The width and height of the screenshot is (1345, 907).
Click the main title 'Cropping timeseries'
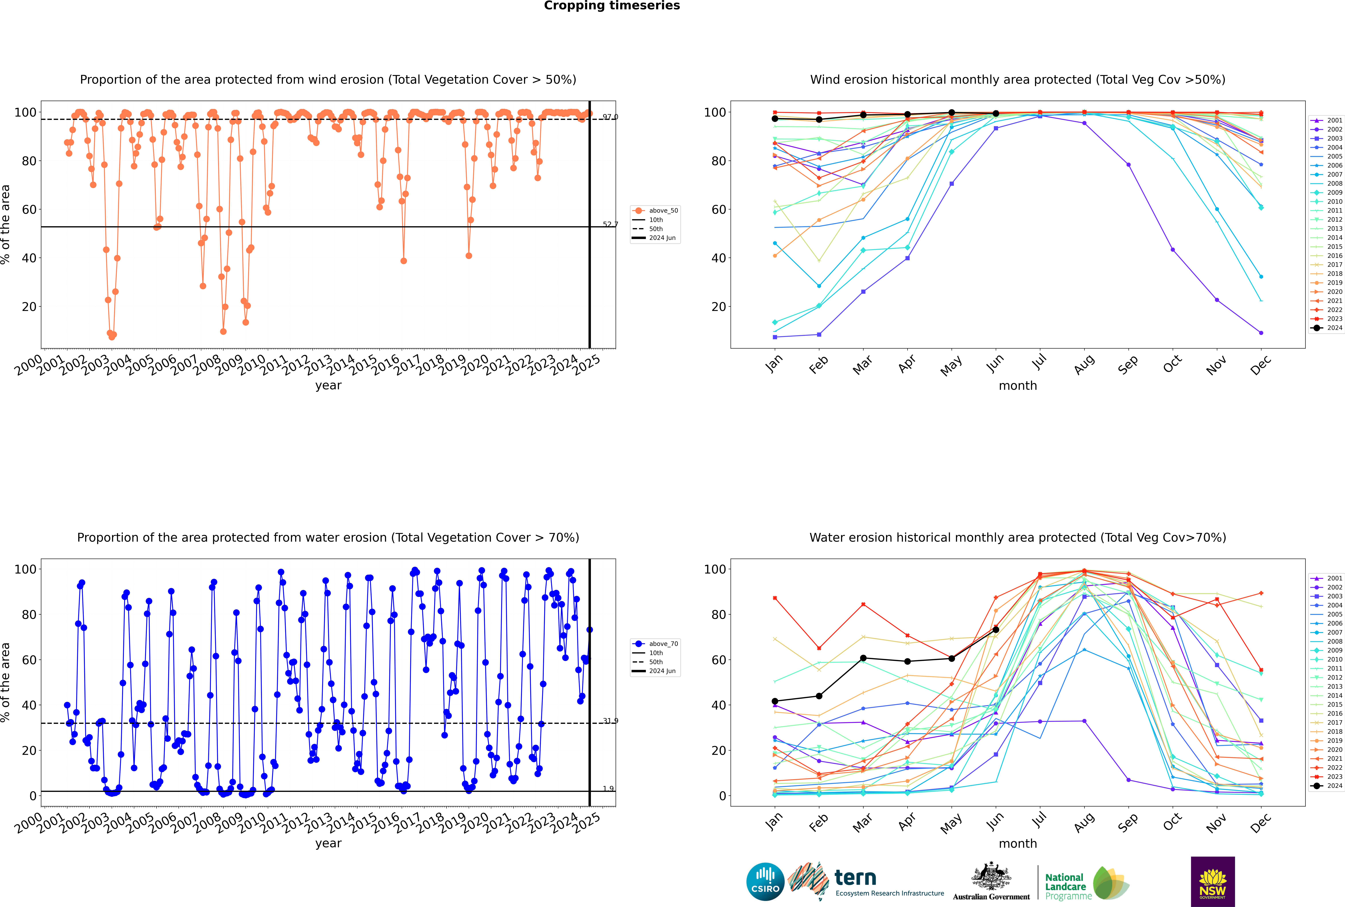pyautogui.click(x=612, y=6)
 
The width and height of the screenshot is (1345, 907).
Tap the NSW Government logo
pyautogui.click(x=1213, y=881)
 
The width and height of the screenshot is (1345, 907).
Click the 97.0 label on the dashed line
pyautogui.click(x=610, y=117)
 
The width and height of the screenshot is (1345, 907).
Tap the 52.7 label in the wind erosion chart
pyautogui.click(x=610, y=224)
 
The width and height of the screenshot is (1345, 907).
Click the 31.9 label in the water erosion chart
pyautogui.click(x=610, y=721)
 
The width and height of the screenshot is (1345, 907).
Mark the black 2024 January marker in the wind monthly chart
pyautogui.click(x=775, y=119)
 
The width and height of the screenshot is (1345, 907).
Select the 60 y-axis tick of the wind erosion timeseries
pyautogui.click(x=29, y=209)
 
